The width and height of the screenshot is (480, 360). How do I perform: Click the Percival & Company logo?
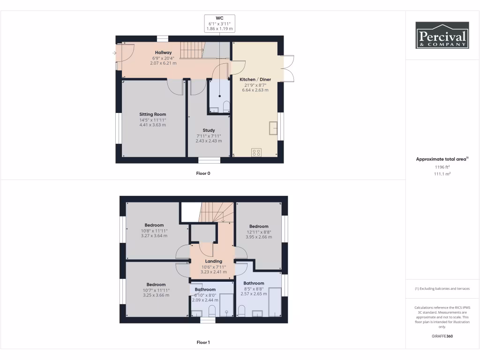[x=442, y=35]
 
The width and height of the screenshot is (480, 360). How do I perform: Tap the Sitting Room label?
[x=152, y=114]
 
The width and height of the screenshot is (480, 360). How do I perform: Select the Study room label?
[x=209, y=130]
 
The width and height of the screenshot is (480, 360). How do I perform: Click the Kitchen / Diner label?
[x=255, y=80]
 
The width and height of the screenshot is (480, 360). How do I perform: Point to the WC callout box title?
[x=219, y=18]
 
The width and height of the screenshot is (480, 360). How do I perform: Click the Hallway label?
[x=164, y=52]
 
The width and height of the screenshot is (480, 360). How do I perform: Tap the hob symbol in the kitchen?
[x=256, y=152]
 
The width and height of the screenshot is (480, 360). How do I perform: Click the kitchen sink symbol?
[x=273, y=127]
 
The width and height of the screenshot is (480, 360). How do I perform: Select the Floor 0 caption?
[x=203, y=173]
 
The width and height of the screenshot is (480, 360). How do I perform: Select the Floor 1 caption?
[x=203, y=342]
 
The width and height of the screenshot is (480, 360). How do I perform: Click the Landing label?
[x=213, y=262]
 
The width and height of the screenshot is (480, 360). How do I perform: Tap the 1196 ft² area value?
[x=442, y=166]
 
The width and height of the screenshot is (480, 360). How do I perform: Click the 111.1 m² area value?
[x=442, y=173]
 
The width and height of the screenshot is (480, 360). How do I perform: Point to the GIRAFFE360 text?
[x=442, y=336]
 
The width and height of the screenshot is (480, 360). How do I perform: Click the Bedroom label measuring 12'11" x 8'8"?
[x=259, y=226]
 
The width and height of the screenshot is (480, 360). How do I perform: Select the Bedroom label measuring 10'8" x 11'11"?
[x=154, y=225]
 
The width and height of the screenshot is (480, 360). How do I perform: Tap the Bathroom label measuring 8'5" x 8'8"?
[x=254, y=283]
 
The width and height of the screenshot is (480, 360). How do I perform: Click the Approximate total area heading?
[x=442, y=159]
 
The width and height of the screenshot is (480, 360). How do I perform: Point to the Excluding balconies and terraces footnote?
[x=442, y=288]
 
